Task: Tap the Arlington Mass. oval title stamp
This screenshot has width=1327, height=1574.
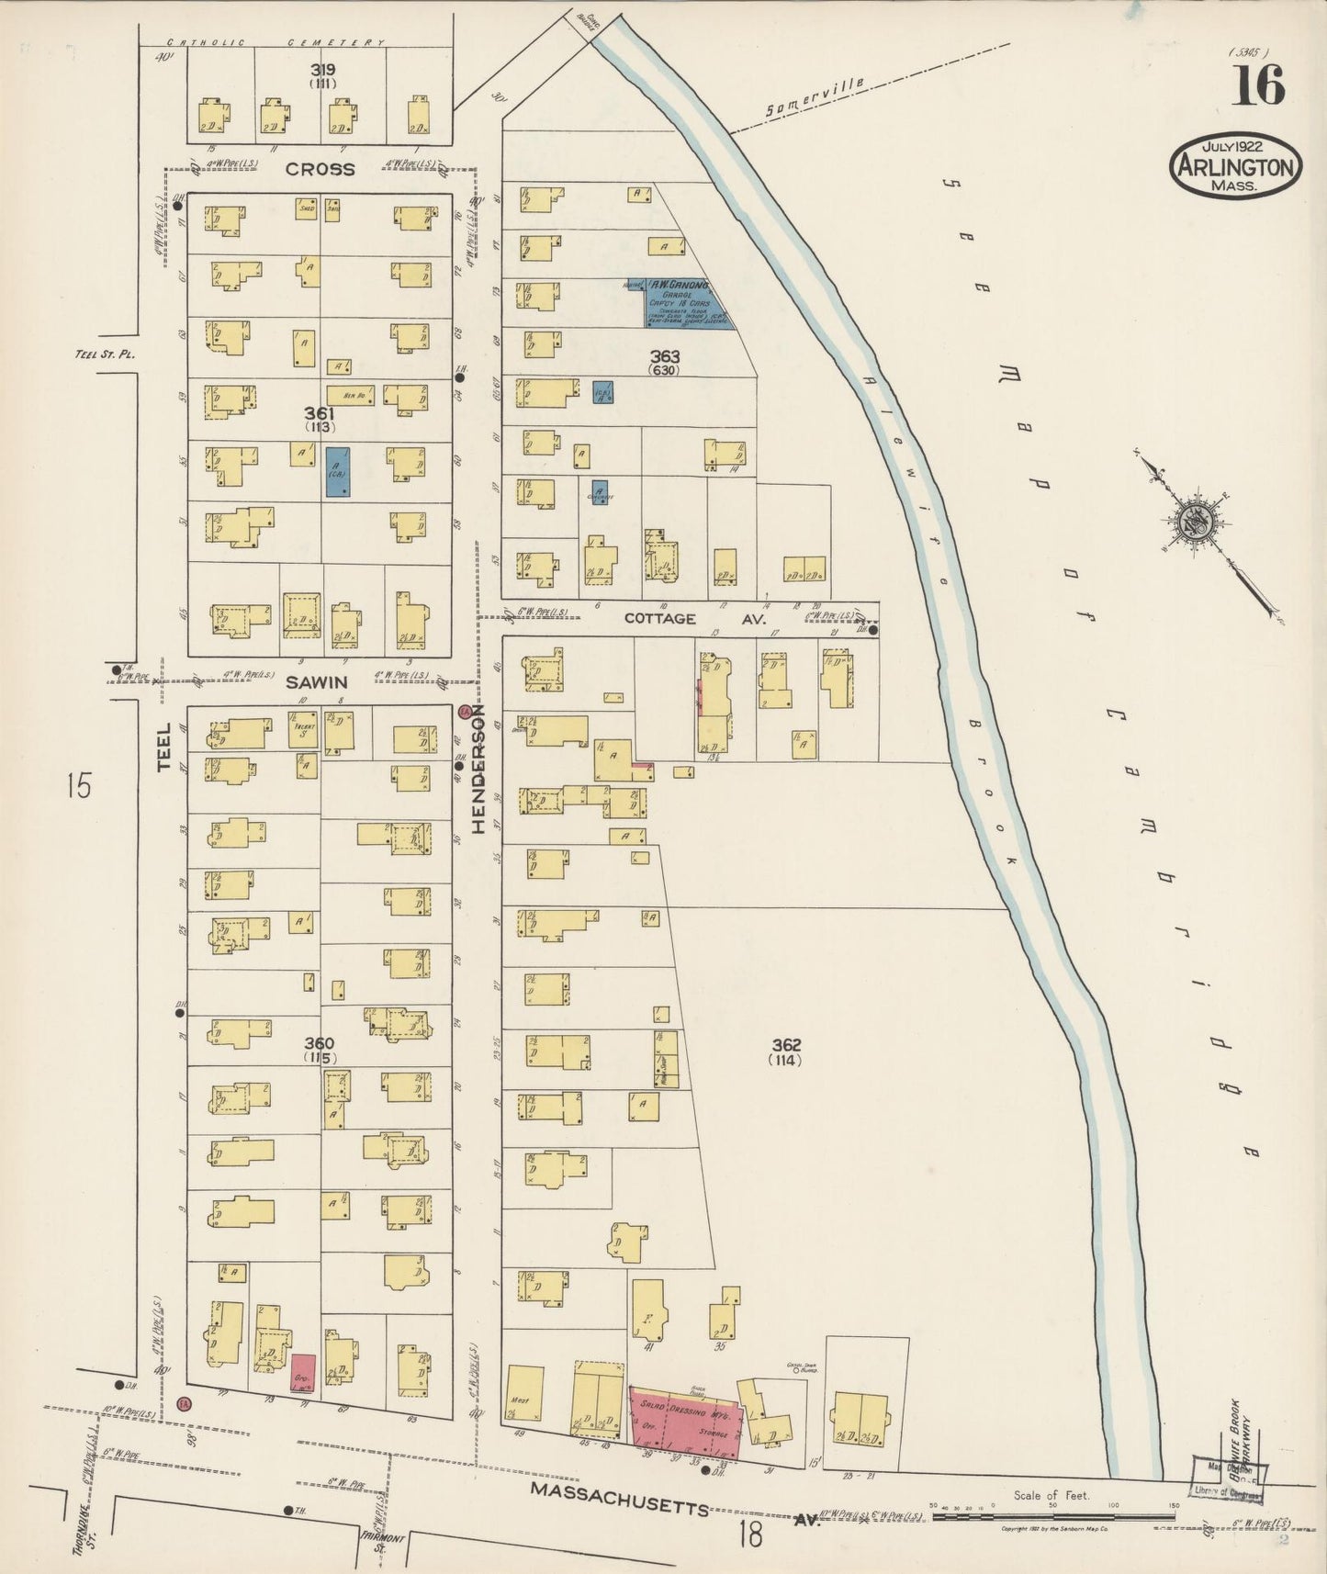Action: (1235, 166)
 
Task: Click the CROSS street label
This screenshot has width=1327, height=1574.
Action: (319, 169)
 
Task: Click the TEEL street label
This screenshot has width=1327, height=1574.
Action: (164, 746)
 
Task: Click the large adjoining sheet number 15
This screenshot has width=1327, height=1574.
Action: (80, 786)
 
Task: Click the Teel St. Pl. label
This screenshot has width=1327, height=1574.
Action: (99, 353)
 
